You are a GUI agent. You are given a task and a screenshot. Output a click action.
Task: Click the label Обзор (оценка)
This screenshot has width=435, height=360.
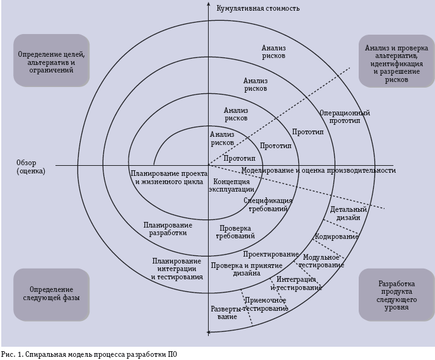[30, 167]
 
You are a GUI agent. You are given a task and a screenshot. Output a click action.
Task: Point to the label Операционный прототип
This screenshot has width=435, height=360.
[344, 117]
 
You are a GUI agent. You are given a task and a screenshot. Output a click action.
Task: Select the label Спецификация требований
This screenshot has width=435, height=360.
[268, 204]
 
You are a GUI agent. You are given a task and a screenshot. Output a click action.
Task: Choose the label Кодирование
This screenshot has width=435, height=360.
[337, 236]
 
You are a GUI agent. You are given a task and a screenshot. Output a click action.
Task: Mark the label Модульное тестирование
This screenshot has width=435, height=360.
[323, 261]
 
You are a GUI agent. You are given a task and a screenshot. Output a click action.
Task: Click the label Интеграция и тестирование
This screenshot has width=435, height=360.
[296, 283]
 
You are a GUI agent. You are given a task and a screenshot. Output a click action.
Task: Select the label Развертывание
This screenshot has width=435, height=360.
[226, 313]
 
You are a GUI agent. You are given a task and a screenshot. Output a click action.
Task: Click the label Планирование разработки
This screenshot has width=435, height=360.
[168, 228]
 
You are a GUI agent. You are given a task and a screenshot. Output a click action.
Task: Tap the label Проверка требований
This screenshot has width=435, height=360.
[235, 232]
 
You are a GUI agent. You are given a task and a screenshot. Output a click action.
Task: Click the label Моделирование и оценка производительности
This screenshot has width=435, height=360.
[318, 170]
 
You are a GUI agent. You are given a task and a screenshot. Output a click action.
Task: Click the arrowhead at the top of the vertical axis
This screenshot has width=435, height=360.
[208, 5]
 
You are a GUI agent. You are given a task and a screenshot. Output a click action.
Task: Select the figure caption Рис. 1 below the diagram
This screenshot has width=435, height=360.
[89, 354]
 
